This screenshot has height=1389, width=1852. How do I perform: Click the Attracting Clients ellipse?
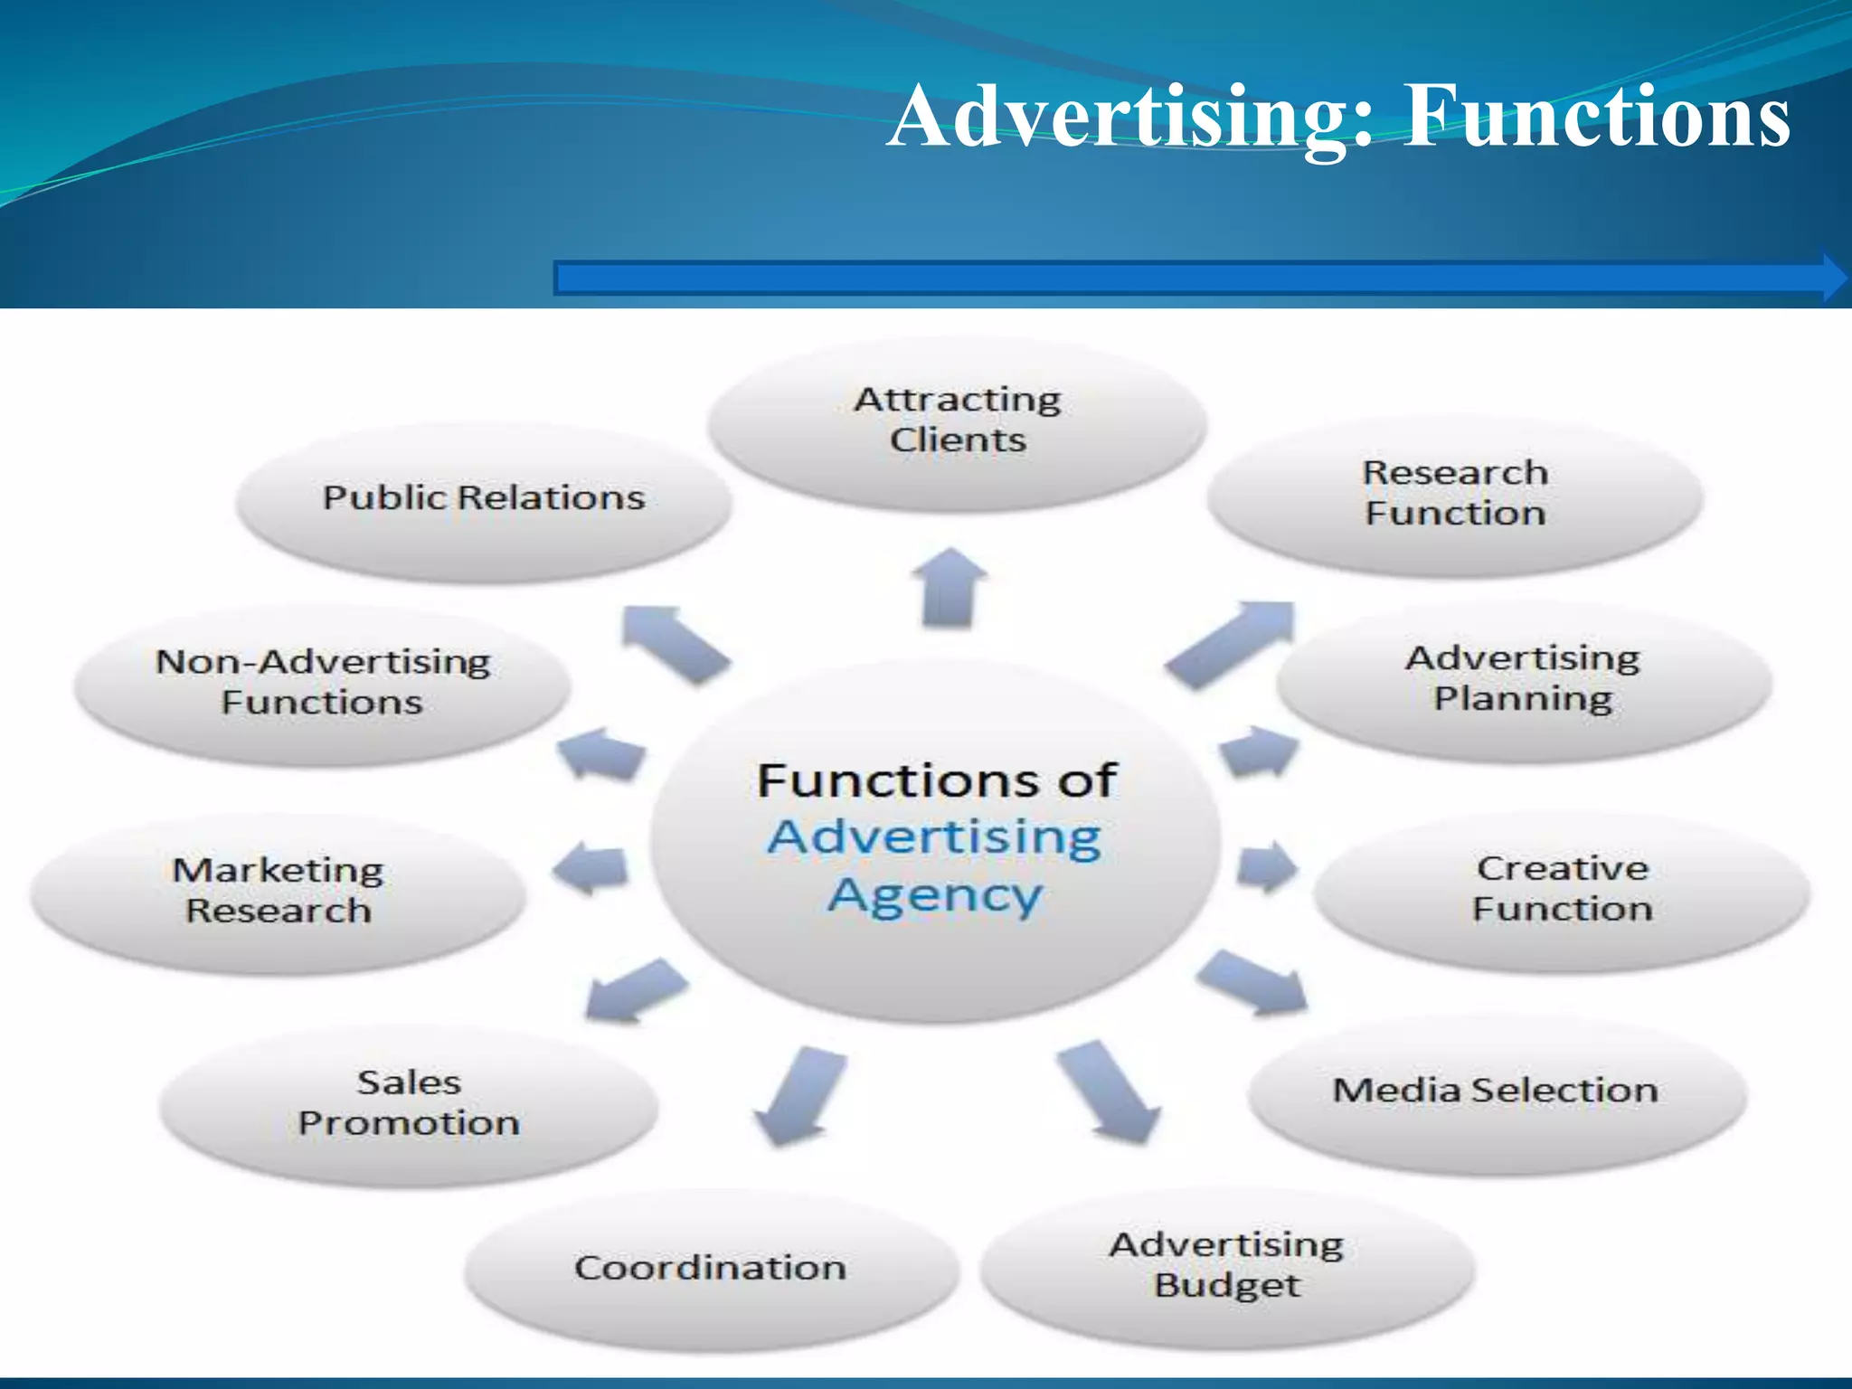[957, 420]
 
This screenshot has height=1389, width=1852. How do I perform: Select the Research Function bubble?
[1455, 494]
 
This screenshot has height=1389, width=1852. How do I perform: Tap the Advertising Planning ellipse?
[1523, 679]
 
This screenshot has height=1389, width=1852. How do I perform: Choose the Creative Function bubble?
[1562, 890]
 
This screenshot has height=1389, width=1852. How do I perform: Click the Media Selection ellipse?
[1496, 1091]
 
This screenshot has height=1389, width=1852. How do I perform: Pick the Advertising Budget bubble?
[1227, 1266]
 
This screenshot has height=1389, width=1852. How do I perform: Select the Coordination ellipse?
[711, 1268]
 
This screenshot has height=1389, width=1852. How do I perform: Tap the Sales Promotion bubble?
[409, 1104]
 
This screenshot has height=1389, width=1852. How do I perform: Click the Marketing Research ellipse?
[279, 891]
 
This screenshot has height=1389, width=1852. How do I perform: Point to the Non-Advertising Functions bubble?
[323, 683]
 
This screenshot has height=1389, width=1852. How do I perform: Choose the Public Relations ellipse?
[484, 498]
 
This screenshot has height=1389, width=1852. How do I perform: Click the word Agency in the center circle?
[935, 897]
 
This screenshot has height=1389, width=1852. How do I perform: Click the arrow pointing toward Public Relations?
[675, 643]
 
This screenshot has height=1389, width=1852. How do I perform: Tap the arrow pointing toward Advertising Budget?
[1109, 1091]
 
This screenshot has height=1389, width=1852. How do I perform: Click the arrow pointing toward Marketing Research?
[590, 869]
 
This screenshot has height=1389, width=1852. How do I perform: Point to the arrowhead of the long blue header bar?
[1834, 278]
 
